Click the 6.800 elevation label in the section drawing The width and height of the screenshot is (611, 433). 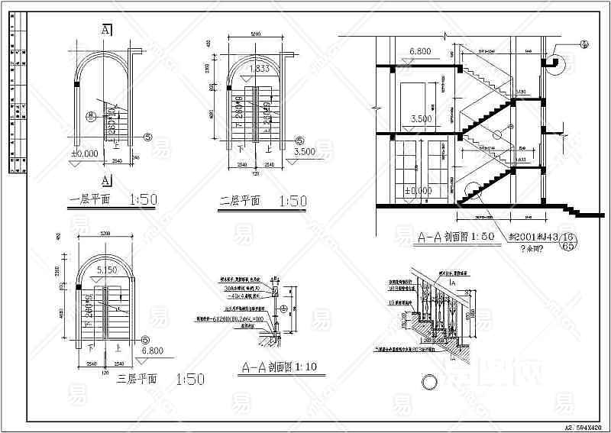(421, 52)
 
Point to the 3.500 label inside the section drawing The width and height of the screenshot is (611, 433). (421, 120)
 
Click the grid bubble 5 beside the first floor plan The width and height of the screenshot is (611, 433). (147, 137)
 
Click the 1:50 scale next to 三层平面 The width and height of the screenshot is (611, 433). (190, 378)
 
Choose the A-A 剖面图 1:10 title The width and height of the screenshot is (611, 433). (278, 367)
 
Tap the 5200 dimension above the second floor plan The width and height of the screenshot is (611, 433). (255, 34)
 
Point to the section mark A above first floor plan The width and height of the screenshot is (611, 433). (106, 30)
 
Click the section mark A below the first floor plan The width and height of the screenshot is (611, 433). (106, 181)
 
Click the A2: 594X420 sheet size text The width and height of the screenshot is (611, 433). (583, 427)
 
